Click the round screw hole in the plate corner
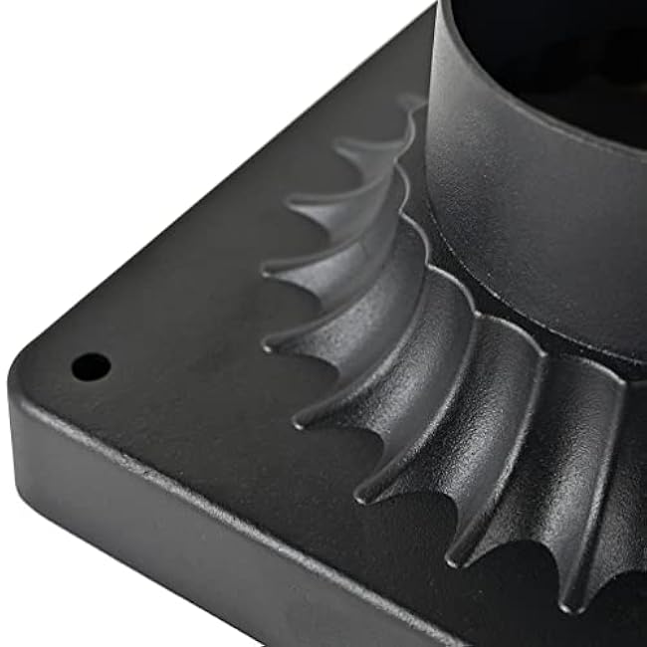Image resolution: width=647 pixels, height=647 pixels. (91, 365)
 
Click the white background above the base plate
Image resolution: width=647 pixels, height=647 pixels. (149, 100)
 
